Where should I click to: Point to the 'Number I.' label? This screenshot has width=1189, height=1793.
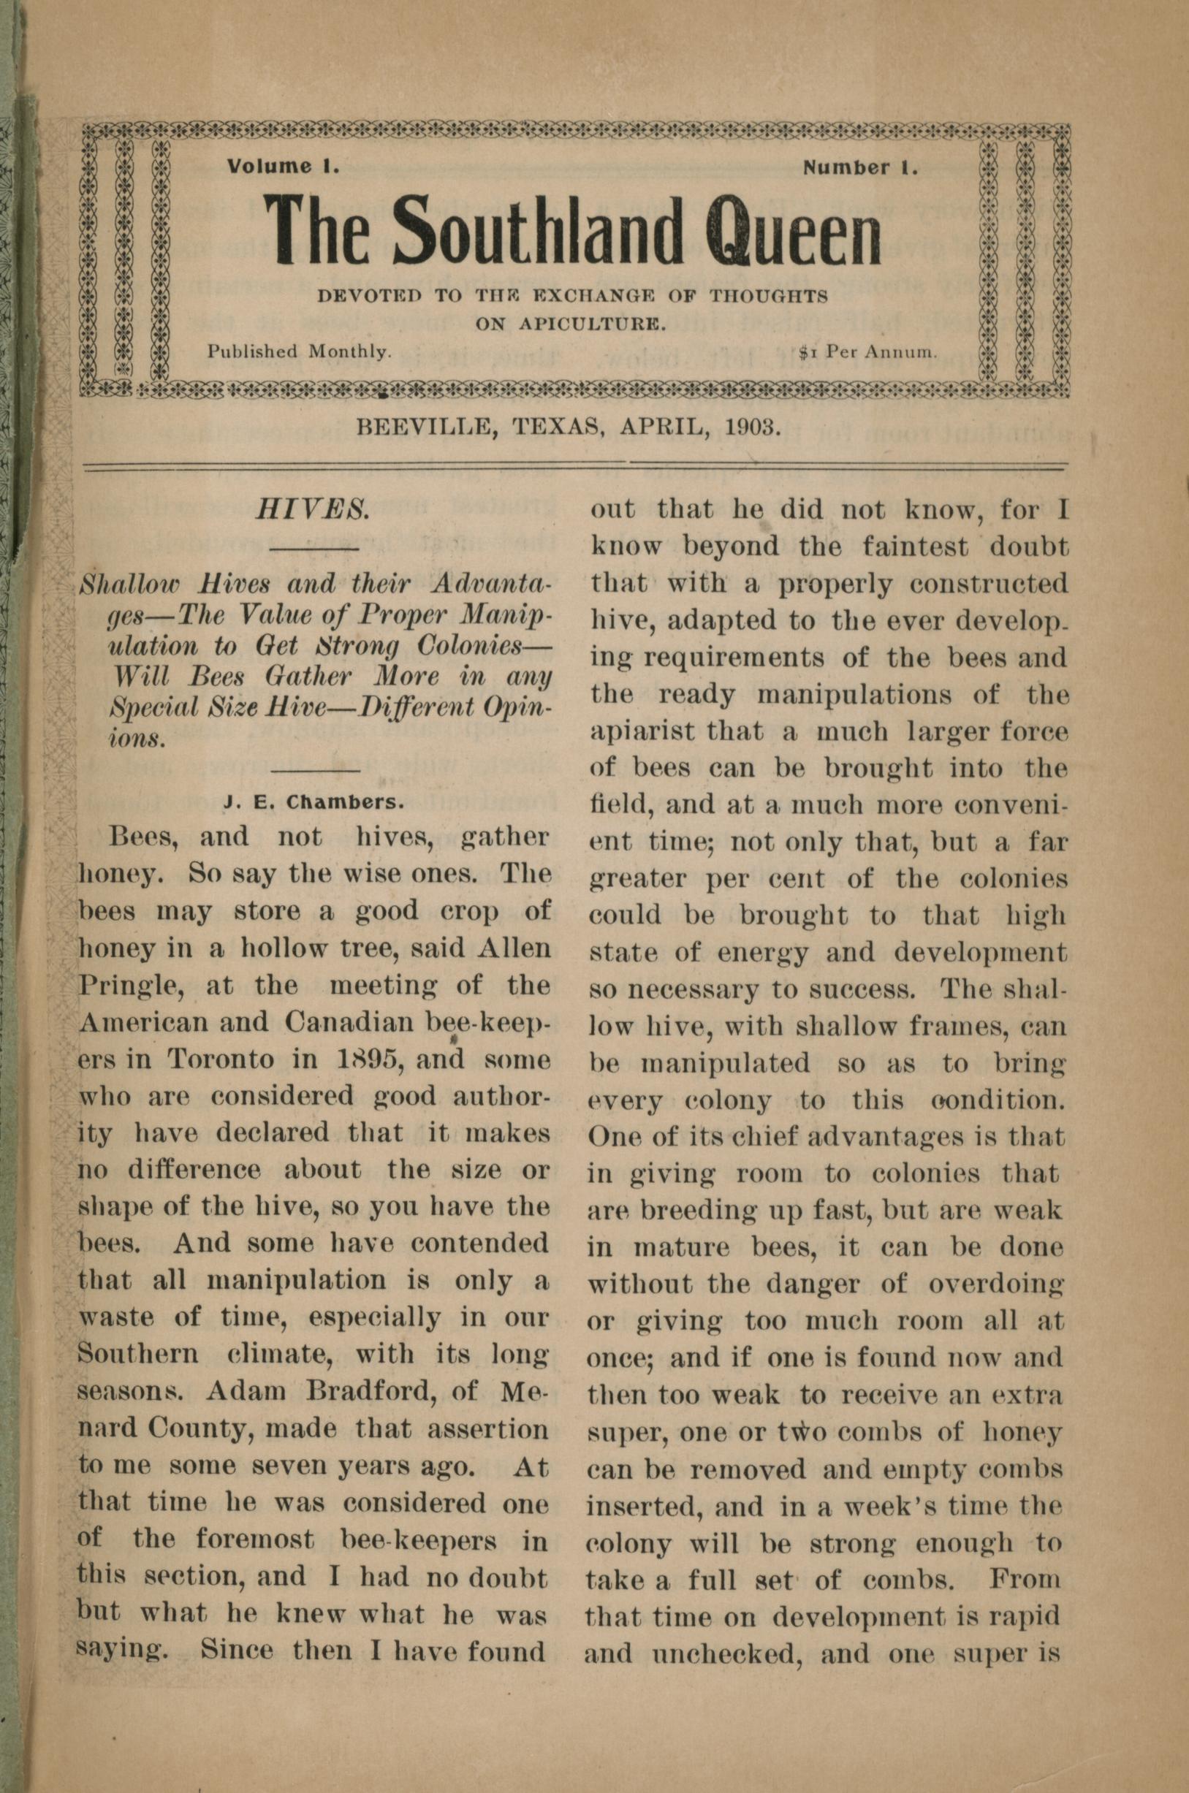(x=861, y=167)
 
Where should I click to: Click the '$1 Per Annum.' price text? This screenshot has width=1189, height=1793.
(x=868, y=351)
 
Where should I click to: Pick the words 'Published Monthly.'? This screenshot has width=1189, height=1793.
(x=300, y=351)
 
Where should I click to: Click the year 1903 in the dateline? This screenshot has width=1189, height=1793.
(x=752, y=426)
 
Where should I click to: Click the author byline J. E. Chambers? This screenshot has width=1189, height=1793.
(x=314, y=802)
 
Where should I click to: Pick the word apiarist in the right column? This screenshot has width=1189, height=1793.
(x=642, y=731)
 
